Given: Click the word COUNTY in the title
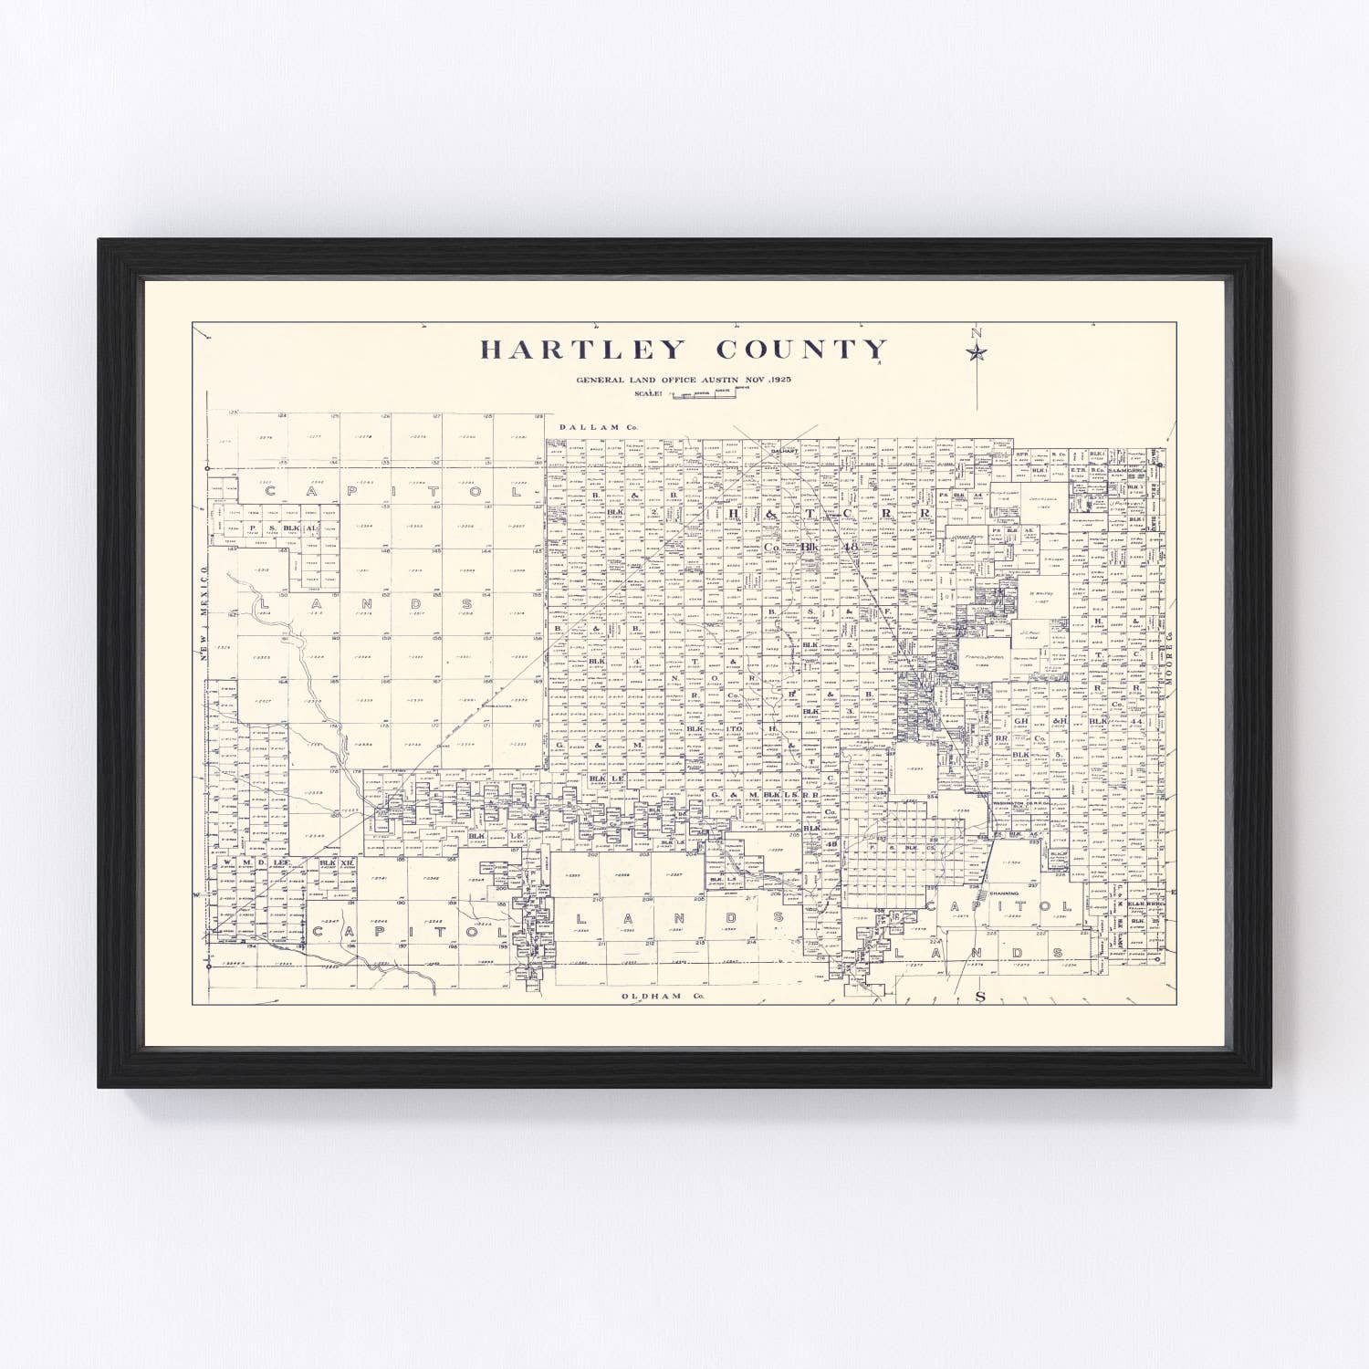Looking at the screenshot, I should tap(801, 350).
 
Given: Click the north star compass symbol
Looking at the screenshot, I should tap(977, 352).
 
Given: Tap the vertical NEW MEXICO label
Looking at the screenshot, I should tap(205, 622).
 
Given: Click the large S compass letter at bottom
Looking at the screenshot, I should tap(981, 997).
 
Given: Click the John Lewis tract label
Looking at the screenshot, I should tap(1041, 499).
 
